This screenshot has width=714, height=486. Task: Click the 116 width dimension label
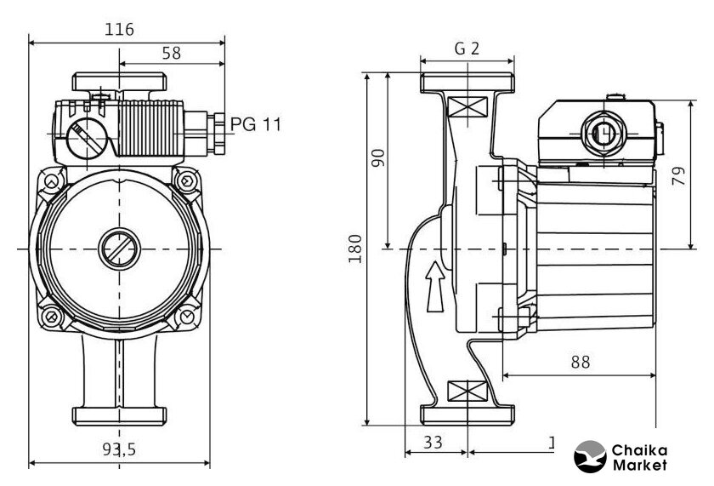pyautogui.click(x=120, y=29)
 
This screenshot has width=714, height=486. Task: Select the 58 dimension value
pyautogui.click(x=171, y=53)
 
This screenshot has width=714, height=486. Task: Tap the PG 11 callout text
pyautogui.click(x=255, y=124)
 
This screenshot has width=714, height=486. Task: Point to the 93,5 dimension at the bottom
pyautogui.click(x=120, y=450)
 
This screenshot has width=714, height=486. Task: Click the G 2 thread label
pyautogui.click(x=467, y=49)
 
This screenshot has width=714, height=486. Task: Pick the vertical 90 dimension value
pyautogui.click(x=379, y=158)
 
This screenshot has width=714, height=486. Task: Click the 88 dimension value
pyautogui.click(x=580, y=362)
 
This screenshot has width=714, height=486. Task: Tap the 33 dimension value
pyautogui.click(x=433, y=443)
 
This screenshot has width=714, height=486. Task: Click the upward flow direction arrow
pyautogui.click(x=434, y=286)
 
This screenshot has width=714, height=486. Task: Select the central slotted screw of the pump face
pyautogui.click(x=118, y=249)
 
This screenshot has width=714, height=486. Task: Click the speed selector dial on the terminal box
pyautogui.click(x=83, y=136)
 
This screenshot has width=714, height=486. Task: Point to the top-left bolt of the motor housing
pyautogui.click(x=53, y=182)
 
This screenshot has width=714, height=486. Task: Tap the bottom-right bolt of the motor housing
pyautogui.click(x=185, y=317)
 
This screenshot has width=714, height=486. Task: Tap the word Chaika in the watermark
pyautogui.click(x=639, y=449)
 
